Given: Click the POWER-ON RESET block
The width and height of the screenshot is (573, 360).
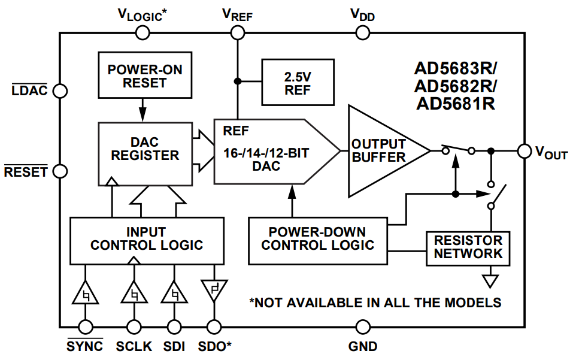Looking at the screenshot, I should [145, 75].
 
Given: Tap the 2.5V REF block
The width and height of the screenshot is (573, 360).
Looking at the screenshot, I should [298, 83].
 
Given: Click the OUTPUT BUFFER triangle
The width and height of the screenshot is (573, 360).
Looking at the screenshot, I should [380, 151].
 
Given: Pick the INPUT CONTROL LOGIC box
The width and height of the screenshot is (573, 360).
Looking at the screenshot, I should [147, 239].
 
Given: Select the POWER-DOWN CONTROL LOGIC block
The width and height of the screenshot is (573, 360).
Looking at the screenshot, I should [318, 239].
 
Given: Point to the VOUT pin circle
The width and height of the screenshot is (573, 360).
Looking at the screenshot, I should [525, 151].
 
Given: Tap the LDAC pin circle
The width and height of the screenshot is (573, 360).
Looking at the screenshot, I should [59, 90].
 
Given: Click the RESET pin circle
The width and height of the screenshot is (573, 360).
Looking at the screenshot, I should [59, 171].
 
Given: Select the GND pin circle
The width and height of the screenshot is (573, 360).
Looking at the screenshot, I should [363, 327].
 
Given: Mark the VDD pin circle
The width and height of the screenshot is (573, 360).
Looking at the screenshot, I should [363, 32].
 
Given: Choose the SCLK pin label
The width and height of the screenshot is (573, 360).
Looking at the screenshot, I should [134, 346].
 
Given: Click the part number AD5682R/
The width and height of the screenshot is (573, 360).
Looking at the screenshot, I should [456, 86].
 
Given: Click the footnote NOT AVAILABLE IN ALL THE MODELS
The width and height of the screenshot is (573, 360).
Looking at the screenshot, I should [375, 302].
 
